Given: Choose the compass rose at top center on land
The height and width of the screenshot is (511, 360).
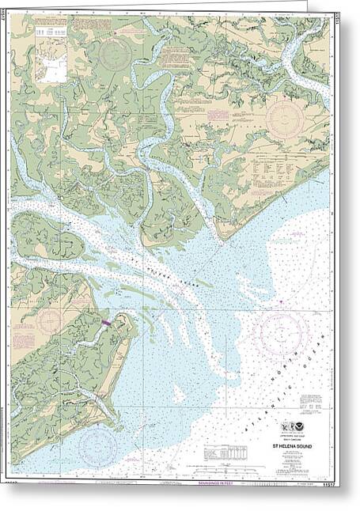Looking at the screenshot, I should (116, 54).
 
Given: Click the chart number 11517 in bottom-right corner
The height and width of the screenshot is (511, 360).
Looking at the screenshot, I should (321, 479).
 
